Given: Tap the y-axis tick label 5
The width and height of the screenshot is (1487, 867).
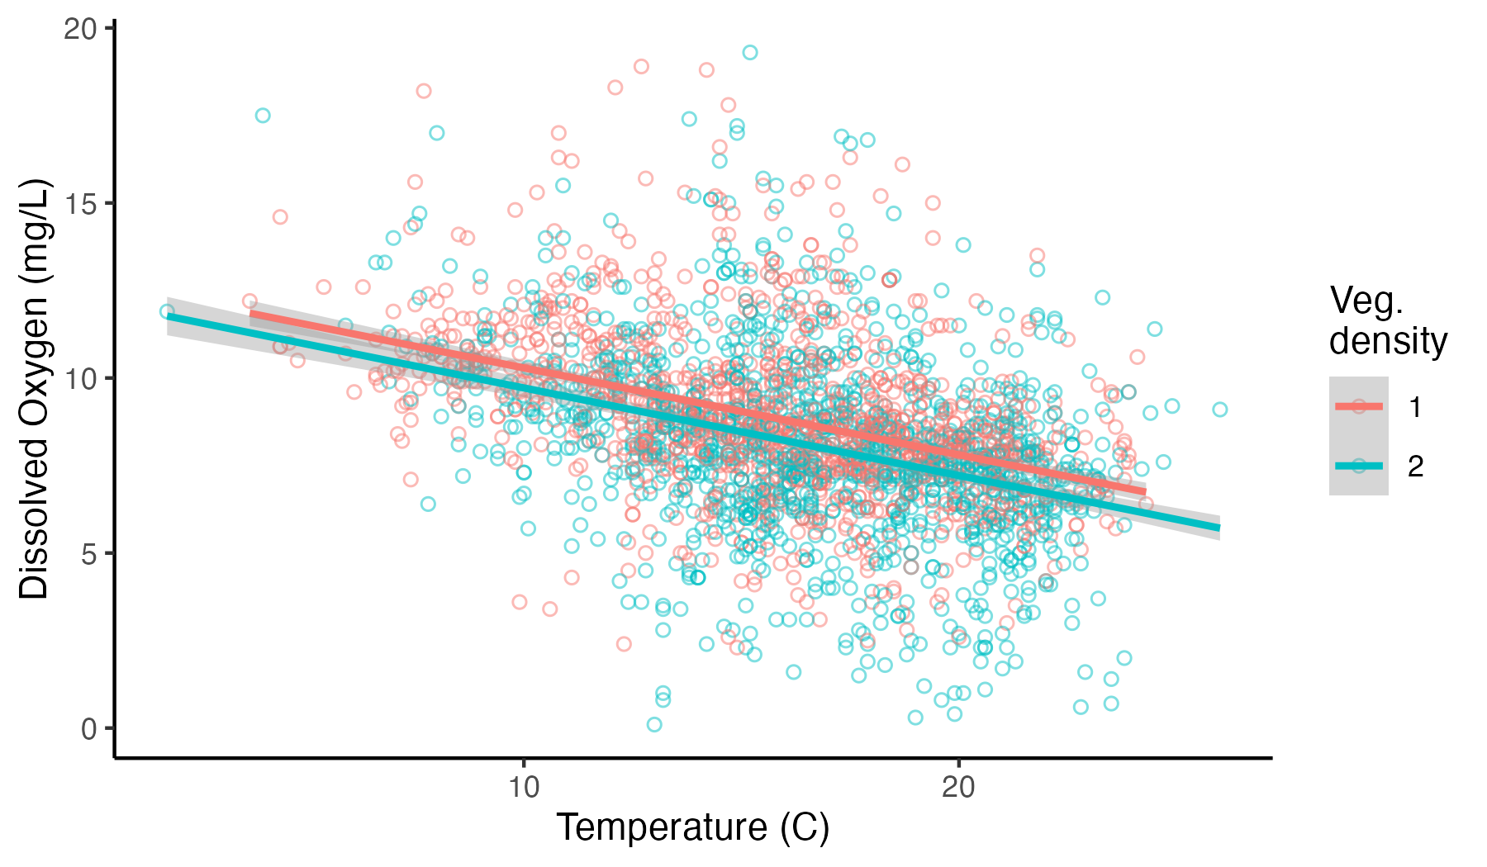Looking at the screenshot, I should point(88,553).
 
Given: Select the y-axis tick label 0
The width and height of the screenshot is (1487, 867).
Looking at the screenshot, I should point(88,728).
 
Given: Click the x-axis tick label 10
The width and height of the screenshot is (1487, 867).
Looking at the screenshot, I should point(523,787).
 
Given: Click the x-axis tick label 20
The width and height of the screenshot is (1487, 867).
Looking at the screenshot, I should point(958,787).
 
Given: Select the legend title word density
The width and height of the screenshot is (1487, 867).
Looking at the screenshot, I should point(1388,340).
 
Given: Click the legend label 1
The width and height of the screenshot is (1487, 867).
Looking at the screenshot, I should point(1415,407).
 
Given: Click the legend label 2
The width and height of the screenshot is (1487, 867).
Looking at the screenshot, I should point(1415,467).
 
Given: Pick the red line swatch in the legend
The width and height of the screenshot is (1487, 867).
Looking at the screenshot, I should point(1358,406).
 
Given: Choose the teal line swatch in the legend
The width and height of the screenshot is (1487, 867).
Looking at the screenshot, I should point(1358,466).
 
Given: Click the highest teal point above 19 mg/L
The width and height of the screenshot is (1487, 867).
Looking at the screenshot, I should point(749,53).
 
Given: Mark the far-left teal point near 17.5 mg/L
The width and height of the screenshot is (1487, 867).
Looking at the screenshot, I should point(263,116).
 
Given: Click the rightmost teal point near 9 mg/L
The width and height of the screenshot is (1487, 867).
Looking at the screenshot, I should point(1219,410).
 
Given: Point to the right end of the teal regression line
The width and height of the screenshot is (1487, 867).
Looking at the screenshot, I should point(1218,527).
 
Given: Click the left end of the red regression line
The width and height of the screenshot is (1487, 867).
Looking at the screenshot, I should point(251,314).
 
